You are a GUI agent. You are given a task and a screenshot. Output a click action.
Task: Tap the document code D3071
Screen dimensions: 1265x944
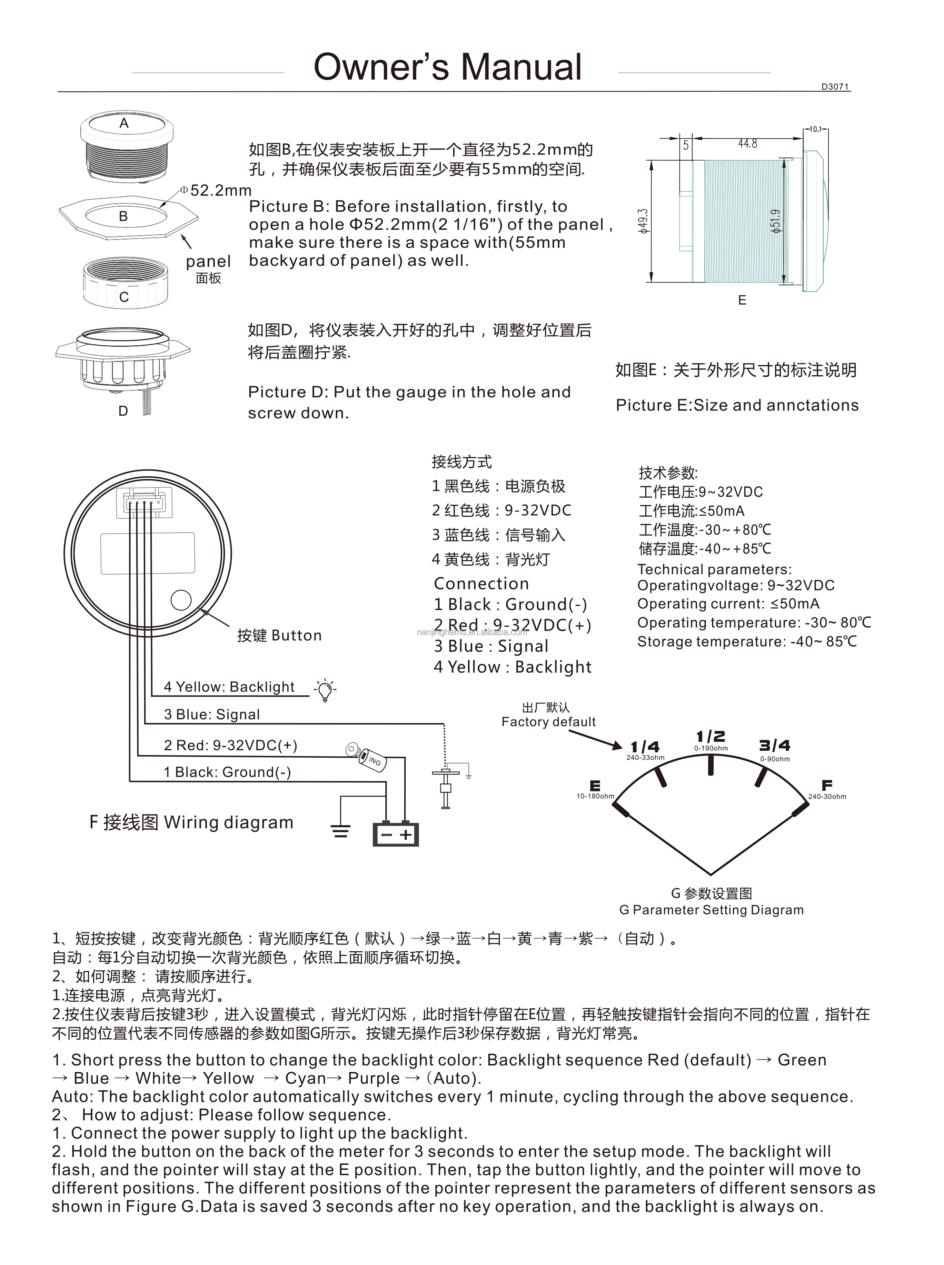point(835,87)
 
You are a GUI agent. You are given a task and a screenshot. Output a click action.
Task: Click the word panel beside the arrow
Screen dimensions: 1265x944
point(208,262)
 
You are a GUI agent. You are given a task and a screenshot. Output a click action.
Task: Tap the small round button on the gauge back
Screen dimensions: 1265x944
point(181,600)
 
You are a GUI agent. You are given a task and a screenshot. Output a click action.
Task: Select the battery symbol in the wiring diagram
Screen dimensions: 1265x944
point(395,834)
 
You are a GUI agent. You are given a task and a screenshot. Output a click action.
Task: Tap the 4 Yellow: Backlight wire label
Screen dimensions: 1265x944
point(229,687)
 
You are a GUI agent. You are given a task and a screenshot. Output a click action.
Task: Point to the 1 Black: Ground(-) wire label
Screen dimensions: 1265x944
point(227,772)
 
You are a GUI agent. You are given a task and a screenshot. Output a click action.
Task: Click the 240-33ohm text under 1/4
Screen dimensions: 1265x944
point(645,758)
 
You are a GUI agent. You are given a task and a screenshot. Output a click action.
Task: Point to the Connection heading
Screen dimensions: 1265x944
point(481,583)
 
